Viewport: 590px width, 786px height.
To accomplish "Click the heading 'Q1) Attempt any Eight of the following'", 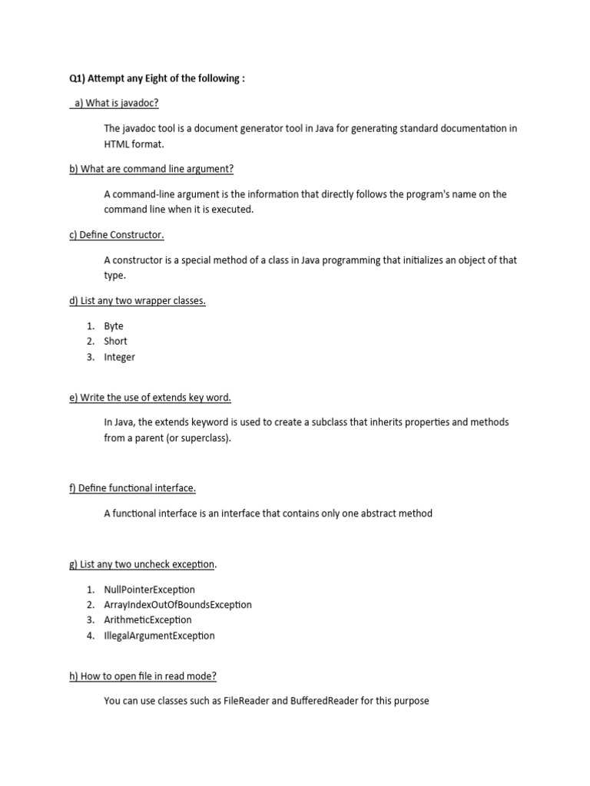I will [157, 79].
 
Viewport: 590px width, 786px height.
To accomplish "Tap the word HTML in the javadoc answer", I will [116, 144].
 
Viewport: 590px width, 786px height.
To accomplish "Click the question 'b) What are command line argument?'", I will [151, 169].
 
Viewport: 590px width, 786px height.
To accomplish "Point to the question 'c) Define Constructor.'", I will [117, 235].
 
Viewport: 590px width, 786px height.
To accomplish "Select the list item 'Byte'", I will [114, 326].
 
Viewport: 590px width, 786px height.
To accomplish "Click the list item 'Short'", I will [116, 342].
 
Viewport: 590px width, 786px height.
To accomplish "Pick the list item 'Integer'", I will [120, 357].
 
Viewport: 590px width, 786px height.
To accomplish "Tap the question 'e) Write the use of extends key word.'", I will [150, 398].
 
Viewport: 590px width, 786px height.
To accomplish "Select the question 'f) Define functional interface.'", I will [132, 488].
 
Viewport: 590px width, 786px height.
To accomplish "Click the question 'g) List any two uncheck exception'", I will [142, 565].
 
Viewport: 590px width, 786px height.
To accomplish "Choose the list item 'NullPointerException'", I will [150, 589].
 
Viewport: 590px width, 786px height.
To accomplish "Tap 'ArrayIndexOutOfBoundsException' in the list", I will [178, 605].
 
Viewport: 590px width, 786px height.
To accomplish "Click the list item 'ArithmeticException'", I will [148, 620].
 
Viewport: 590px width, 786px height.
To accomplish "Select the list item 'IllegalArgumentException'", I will [160, 636].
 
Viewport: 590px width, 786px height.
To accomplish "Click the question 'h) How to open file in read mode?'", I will [143, 676].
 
